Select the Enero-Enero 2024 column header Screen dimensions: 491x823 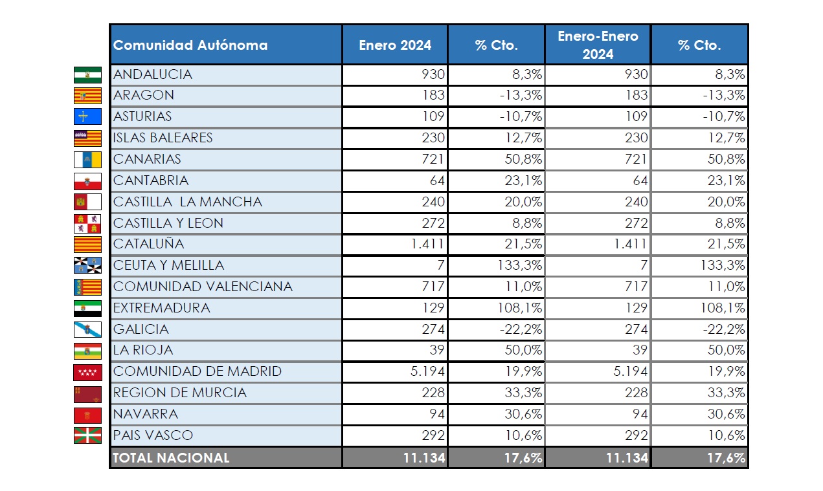pos(598,45)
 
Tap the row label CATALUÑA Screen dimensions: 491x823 pos(149,244)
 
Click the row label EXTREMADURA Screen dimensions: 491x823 pos(162,308)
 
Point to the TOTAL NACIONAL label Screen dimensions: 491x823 pos(172,457)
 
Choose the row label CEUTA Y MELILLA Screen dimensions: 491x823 pos(168,265)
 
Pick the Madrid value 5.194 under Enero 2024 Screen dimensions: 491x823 pos(428,371)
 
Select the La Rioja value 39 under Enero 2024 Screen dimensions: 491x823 pos(436,350)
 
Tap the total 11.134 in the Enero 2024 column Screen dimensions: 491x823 pos(425,457)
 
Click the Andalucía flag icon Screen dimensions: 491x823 pos(87,74)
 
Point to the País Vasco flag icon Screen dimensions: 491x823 pos(87,435)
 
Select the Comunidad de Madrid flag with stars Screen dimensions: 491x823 pos(87,372)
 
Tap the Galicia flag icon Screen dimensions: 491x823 pos(87,329)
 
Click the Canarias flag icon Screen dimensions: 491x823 pos(87,159)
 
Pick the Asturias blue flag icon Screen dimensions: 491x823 pos(87,117)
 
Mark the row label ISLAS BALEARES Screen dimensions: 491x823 pos(163,138)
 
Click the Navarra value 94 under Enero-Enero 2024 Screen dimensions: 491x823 pos(638,414)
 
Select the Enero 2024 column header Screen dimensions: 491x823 pos(395,45)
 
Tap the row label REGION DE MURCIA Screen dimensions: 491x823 pos(180,393)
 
